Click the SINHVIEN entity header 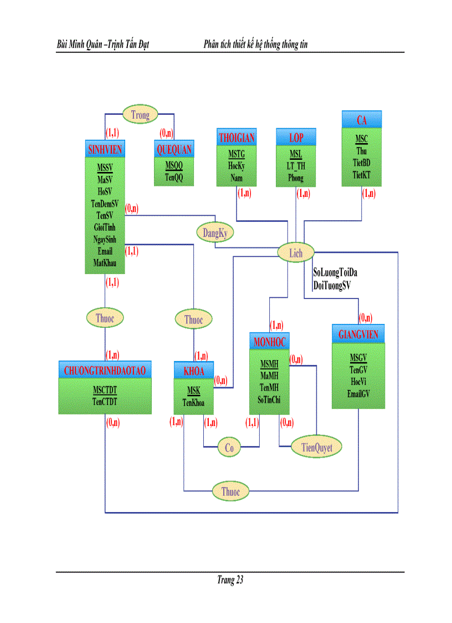[105, 149]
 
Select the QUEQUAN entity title [174, 149]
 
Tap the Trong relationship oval [140, 115]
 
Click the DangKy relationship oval [215, 234]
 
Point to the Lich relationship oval [296, 254]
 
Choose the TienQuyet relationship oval [316, 447]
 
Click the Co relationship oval [229, 448]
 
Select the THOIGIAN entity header [237, 137]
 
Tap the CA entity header [362, 120]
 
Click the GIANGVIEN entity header [358, 335]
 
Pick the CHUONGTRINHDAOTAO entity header [105, 369]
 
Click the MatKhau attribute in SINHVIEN [105, 262]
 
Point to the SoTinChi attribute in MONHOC [269, 399]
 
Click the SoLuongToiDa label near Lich [335, 273]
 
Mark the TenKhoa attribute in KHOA [193, 403]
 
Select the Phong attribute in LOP [296, 178]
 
